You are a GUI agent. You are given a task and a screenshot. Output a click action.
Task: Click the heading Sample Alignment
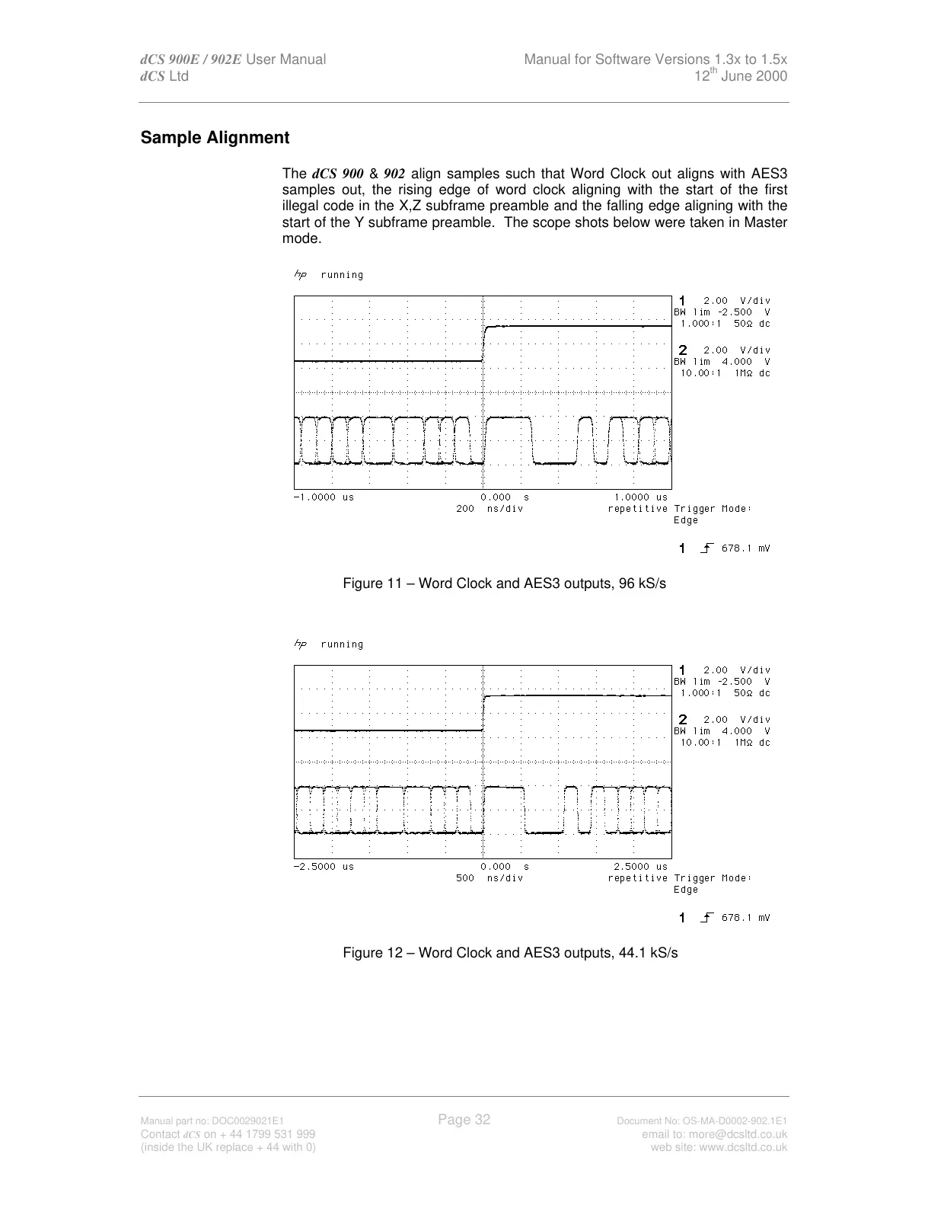click(x=215, y=138)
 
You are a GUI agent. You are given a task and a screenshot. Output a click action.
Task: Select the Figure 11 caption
click(x=504, y=583)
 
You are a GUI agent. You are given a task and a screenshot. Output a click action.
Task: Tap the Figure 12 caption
click(x=510, y=953)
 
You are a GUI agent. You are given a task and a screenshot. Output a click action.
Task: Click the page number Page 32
click(x=464, y=1119)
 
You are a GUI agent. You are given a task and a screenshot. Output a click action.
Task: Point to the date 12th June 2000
click(x=741, y=76)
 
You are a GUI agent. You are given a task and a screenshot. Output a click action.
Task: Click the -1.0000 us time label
click(x=324, y=497)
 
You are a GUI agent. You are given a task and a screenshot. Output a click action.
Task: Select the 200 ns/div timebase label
click(x=490, y=509)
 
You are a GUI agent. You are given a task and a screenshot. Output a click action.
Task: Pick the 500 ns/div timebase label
click(x=490, y=878)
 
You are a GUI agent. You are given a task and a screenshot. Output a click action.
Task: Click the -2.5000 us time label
click(x=324, y=867)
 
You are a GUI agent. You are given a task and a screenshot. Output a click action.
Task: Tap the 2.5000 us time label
click(x=640, y=867)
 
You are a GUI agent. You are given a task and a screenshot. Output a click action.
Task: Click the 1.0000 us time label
click(x=640, y=497)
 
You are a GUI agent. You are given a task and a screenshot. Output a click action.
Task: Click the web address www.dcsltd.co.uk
click(x=719, y=1147)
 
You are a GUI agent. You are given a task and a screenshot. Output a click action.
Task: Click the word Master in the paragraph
click(x=765, y=222)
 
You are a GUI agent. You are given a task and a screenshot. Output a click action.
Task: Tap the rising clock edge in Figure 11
click(x=484, y=343)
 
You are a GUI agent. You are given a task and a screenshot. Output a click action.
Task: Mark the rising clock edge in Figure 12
click(x=484, y=713)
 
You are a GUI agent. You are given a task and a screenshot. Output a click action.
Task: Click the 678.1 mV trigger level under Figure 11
click(x=745, y=548)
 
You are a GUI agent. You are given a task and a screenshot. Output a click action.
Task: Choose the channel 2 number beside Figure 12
click(x=683, y=719)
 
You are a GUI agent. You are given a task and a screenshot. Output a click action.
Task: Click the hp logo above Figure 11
click(x=300, y=275)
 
